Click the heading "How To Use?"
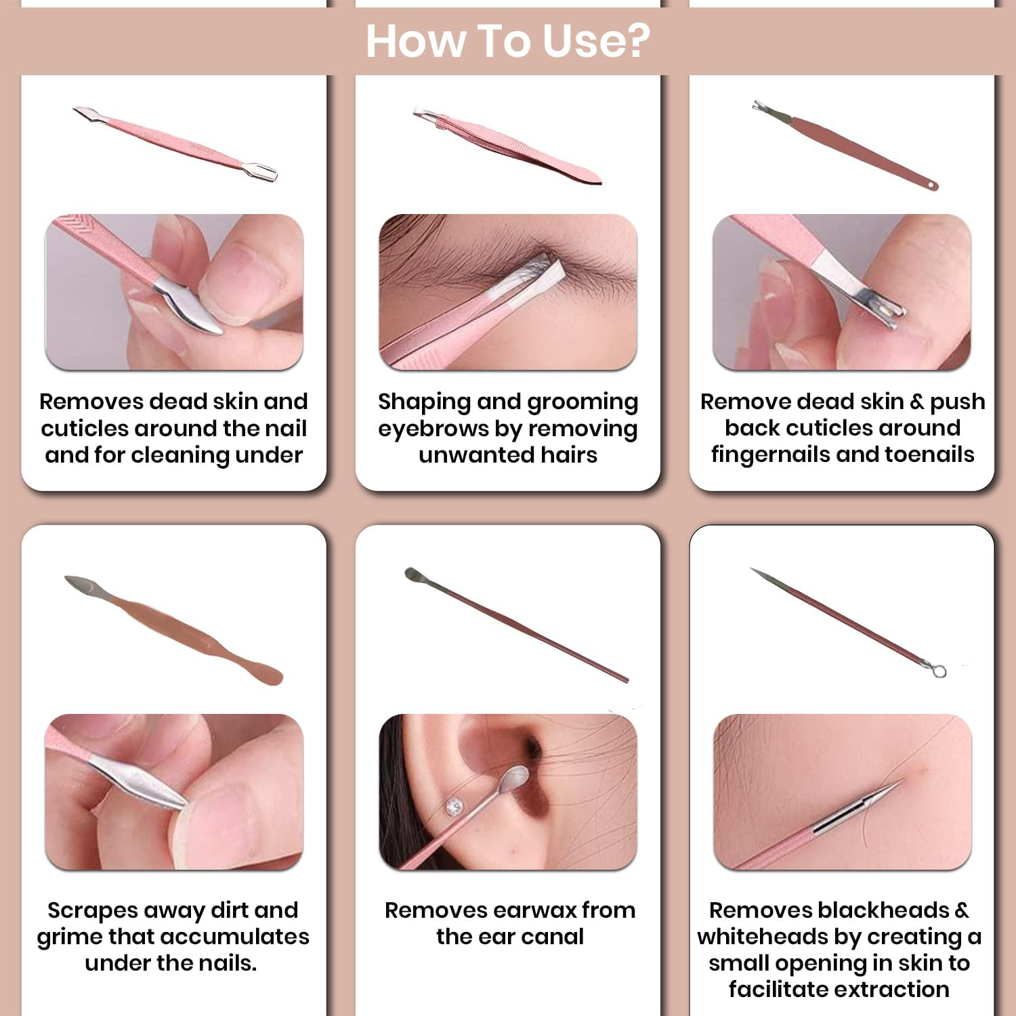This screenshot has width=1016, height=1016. coord(508,41)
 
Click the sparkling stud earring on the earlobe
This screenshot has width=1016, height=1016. coord(454,805)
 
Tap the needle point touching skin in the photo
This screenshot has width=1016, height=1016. coord(900,782)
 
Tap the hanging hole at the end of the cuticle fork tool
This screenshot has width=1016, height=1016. coord(932,184)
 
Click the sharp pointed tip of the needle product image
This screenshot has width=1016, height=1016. coord(753,570)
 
